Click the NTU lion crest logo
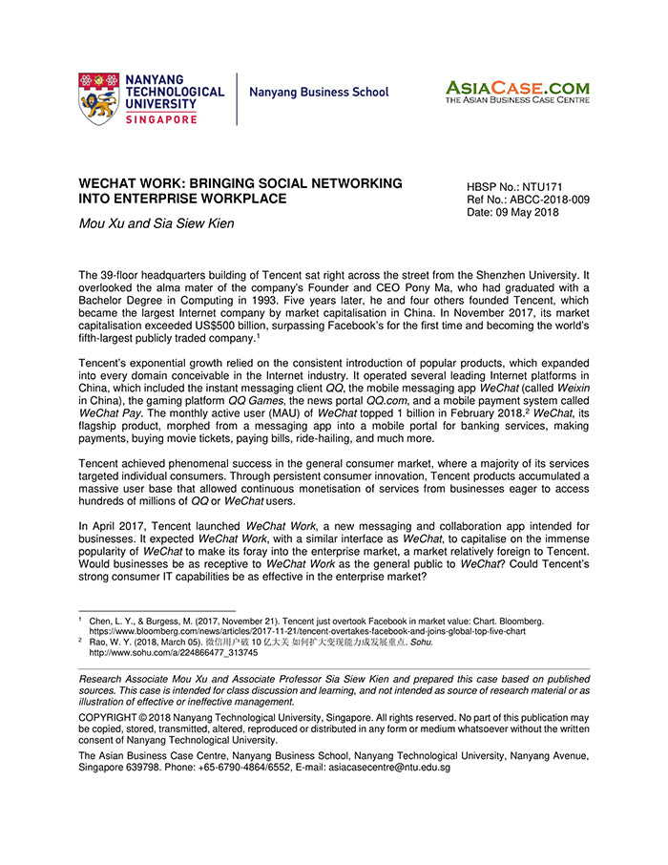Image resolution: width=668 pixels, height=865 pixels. click(98, 98)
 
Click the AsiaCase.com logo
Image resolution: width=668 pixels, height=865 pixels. click(516, 92)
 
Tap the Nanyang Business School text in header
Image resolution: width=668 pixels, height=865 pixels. click(319, 93)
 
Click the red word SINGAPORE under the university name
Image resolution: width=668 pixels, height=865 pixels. click(161, 119)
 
